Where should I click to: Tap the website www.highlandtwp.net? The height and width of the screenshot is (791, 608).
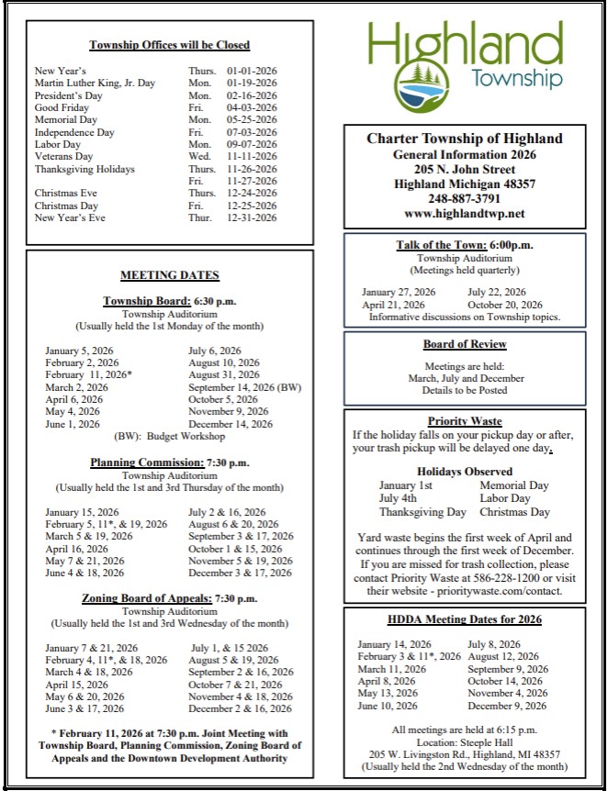(464, 214)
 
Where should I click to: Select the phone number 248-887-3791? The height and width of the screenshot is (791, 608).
(464, 198)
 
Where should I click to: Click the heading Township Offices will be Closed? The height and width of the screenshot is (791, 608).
(169, 45)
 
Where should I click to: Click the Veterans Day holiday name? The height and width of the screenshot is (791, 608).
(63, 157)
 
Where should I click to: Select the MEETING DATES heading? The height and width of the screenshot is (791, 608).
(170, 275)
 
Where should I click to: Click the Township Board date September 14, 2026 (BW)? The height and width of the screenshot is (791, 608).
(244, 387)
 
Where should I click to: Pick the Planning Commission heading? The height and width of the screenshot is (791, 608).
(151, 462)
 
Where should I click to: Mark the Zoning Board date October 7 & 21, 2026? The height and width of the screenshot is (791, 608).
(235, 685)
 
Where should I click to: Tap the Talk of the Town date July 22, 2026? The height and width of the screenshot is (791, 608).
(497, 293)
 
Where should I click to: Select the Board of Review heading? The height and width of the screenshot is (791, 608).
(465, 344)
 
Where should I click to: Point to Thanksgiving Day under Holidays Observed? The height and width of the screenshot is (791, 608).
(422, 512)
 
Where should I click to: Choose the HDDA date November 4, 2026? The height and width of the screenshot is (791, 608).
(507, 694)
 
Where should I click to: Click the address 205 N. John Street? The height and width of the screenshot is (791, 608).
(464, 170)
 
